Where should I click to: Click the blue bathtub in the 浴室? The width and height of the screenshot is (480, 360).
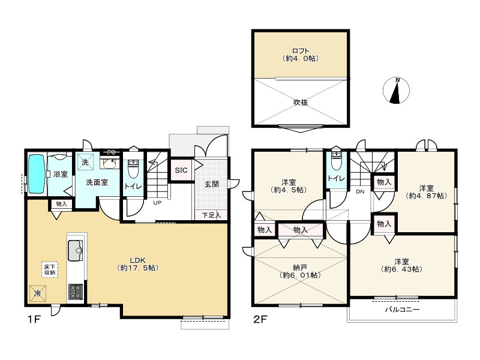(x=37, y=174)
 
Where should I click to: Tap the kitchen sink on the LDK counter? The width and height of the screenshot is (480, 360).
(x=76, y=250)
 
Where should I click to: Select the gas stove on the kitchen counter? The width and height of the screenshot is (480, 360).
(x=76, y=292)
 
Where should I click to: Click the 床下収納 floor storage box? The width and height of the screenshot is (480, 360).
(x=50, y=269)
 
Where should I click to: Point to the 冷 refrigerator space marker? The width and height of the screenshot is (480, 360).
(x=38, y=293)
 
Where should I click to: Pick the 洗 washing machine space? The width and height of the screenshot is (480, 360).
(x=85, y=162)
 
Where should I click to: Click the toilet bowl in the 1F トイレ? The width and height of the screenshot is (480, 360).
(x=133, y=169)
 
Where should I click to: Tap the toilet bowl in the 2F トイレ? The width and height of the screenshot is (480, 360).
(x=336, y=161)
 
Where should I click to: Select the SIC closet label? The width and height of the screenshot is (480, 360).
(x=181, y=170)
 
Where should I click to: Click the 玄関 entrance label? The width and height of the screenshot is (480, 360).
(x=212, y=184)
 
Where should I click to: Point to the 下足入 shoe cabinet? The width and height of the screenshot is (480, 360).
(x=211, y=215)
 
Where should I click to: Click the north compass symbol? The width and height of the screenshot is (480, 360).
(x=396, y=91)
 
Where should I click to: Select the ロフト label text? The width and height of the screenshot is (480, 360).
(x=301, y=50)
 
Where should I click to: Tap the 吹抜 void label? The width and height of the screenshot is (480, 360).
(x=301, y=103)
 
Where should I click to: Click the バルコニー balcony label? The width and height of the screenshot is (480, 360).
(x=402, y=309)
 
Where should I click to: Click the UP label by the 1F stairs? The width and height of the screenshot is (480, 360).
(x=157, y=203)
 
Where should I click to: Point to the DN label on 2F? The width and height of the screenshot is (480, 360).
(x=361, y=191)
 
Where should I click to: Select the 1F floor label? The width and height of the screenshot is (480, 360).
(x=34, y=320)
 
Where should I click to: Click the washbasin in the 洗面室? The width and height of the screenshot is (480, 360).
(x=110, y=163)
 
